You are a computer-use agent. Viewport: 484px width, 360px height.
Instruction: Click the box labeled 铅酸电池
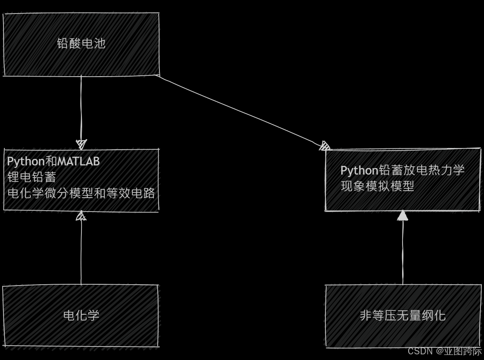[x=81, y=44]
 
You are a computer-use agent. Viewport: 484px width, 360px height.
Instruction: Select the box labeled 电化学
[x=81, y=315]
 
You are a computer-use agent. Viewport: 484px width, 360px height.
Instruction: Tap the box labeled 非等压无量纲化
[x=403, y=315]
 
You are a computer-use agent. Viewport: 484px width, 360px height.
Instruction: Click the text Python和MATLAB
[x=53, y=161]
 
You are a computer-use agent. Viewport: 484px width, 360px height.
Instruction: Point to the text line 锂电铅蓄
[x=32, y=177]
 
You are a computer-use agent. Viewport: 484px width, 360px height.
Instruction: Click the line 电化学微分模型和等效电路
[x=81, y=193]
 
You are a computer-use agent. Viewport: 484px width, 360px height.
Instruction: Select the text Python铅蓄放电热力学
[x=403, y=170]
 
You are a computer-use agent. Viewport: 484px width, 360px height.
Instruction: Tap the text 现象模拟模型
[x=377, y=186]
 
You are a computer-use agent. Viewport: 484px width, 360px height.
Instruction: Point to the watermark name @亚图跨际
[x=459, y=351]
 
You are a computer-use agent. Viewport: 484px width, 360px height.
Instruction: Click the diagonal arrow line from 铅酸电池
[x=240, y=111]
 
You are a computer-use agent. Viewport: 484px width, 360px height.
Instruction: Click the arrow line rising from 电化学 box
[x=81, y=252]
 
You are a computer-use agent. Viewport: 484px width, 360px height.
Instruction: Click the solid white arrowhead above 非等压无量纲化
[x=403, y=215]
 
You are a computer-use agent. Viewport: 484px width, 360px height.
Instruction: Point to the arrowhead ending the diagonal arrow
[x=325, y=146]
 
